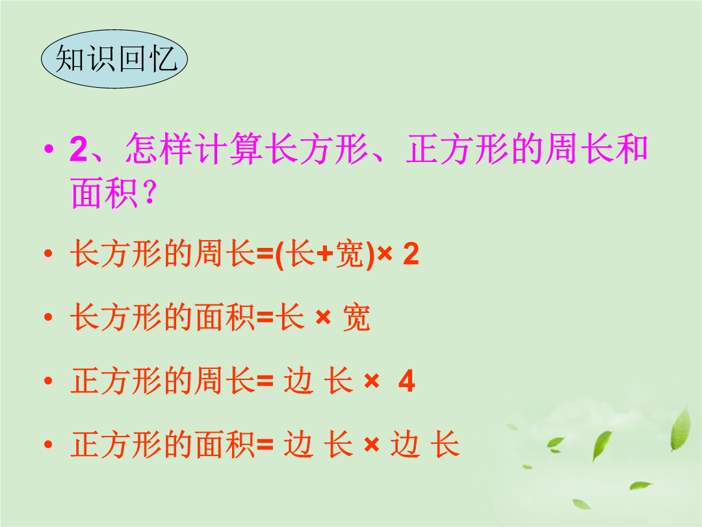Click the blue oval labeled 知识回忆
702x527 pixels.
(114, 59)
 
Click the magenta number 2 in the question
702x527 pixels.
(79, 149)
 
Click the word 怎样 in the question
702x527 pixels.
(159, 149)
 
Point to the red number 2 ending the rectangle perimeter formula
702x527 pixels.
(411, 254)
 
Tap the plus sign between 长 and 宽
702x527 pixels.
(325, 254)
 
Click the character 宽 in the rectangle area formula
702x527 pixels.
(356, 318)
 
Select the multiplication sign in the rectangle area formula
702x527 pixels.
(323, 318)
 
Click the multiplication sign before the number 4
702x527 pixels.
(372, 381)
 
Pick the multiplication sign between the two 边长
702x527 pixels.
(372, 445)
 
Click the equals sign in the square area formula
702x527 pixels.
(265, 444)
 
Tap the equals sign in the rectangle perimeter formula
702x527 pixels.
(265, 254)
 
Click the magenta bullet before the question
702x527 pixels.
(49, 148)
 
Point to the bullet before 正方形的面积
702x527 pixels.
(48, 444)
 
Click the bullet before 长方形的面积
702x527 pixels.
(48, 318)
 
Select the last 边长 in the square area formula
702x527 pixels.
(425, 444)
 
